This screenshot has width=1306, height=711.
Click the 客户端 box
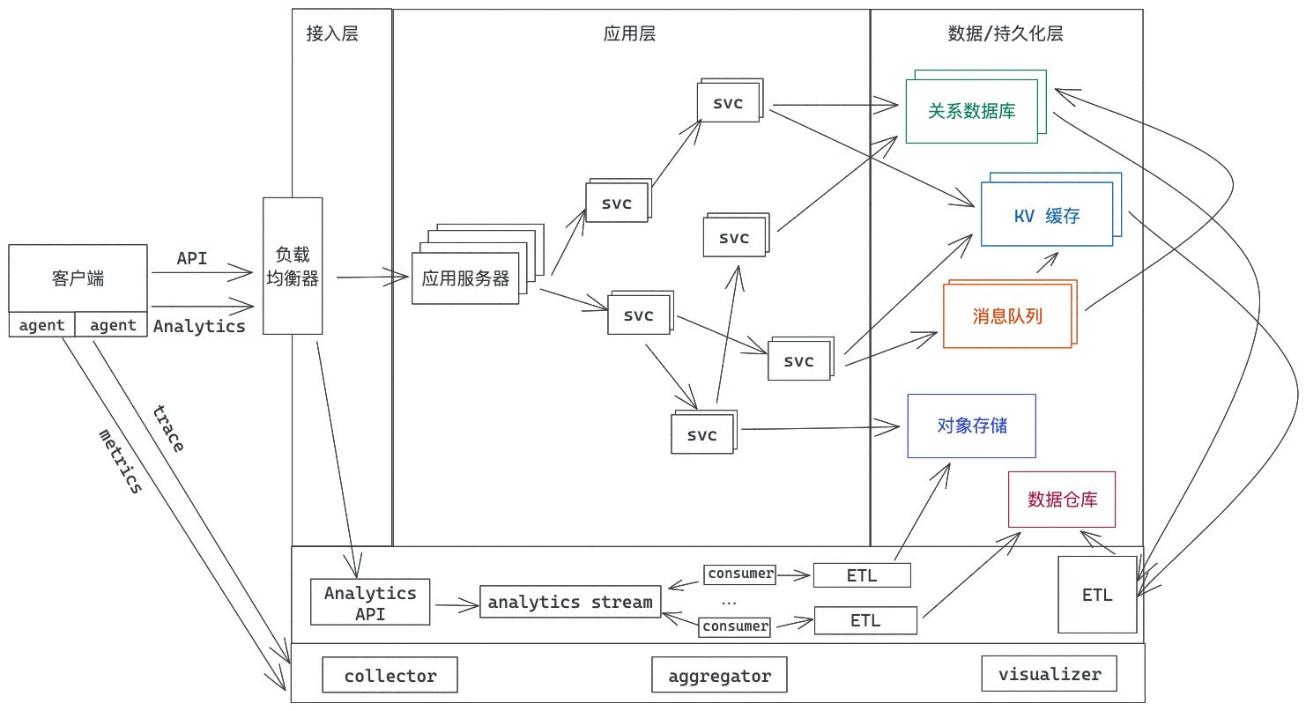[78, 278]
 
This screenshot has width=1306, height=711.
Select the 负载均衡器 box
[293, 266]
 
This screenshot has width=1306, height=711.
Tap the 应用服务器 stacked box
[465, 278]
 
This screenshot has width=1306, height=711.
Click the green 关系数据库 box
[971, 111]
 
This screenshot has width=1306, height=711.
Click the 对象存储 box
[972, 426]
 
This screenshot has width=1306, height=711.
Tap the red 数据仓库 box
[1062, 499]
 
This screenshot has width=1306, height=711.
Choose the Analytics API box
[370, 603]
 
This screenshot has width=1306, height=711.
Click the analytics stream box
[570, 602]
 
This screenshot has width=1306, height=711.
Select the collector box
[390, 676]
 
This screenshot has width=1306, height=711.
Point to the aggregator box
[719, 676]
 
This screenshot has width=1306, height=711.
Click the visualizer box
[1049, 674]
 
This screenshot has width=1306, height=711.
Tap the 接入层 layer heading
[332, 34]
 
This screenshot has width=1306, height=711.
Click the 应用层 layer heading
[629, 34]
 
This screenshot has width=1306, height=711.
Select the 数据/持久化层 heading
[1005, 34]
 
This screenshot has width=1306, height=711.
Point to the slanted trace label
[167, 429]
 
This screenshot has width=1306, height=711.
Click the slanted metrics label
[120, 461]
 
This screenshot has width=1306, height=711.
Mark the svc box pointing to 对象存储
[702, 434]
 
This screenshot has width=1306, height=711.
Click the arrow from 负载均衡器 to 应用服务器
[373, 278]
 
